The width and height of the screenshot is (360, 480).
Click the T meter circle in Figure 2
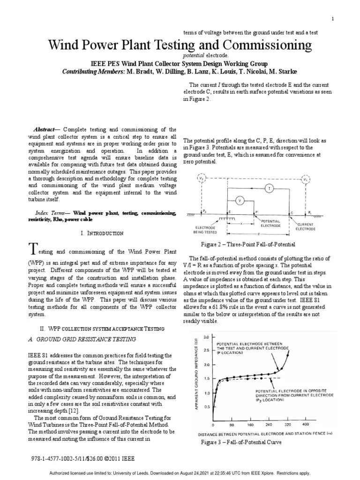pos(269,188)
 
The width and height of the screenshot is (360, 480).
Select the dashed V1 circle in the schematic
pos(306,179)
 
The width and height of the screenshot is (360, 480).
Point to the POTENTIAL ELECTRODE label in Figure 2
pos(270,223)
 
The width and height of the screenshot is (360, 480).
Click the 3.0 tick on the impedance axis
pos(207,337)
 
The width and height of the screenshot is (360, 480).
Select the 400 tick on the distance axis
pos(306,425)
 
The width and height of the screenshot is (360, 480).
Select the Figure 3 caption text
pos(241,442)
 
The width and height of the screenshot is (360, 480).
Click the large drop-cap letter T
pos(32,248)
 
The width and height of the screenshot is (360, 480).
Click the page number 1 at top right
pos(332,19)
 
